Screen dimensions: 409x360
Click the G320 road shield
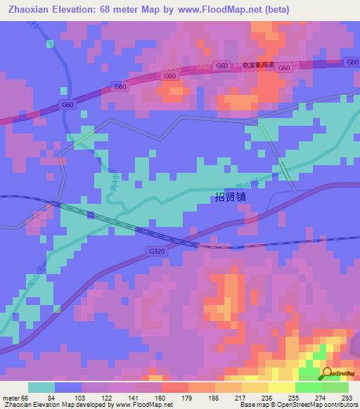[157, 249]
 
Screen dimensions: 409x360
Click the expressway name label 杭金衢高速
[258, 63]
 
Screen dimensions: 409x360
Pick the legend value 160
[161, 398]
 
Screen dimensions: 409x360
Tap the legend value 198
[214, 398]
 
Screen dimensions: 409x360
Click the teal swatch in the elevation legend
[41, 387]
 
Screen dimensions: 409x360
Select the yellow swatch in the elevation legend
[282, 387]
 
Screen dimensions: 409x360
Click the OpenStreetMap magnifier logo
[328, 372]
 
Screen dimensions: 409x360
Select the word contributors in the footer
[337, 405]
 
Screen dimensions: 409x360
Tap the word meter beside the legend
[11, 398]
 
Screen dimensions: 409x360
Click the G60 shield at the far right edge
[352, 63]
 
